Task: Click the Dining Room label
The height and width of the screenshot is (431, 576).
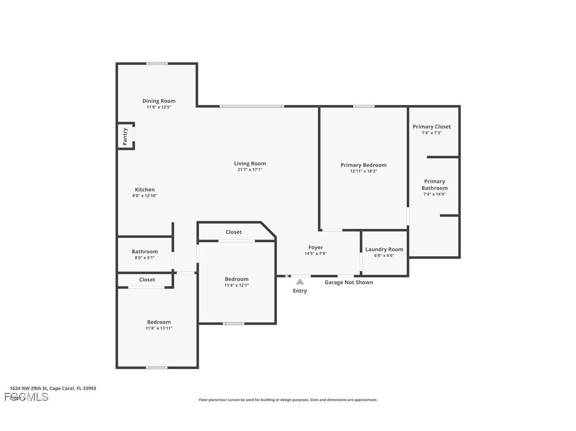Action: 159,101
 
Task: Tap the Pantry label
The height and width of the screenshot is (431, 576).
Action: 125,137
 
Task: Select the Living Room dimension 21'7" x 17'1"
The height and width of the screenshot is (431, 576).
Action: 250,170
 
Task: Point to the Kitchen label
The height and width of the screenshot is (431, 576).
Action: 145,190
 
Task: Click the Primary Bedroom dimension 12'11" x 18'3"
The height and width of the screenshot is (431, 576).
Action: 363,172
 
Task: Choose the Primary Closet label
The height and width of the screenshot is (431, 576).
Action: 432,127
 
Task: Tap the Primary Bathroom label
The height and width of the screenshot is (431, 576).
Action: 434,185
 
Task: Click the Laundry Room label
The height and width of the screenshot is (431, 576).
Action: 384,249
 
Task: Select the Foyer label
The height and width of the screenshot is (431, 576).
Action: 316,247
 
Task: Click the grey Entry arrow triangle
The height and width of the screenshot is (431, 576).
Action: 300,282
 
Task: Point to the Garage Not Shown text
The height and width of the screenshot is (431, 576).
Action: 348,282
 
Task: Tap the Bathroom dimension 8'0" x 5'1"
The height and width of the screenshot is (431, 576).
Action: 145,258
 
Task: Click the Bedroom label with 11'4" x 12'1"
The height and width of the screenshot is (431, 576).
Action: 237,279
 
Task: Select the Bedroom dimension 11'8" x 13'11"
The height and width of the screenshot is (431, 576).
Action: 159,328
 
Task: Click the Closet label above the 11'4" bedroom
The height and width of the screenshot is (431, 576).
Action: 233,232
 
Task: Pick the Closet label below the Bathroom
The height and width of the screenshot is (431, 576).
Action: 147,280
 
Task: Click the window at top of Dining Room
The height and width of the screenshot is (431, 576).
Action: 157,64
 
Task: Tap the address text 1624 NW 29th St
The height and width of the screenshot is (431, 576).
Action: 53,388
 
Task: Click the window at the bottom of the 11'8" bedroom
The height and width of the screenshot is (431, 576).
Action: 156,367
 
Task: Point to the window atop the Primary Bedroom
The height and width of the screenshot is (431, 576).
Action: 364,106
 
